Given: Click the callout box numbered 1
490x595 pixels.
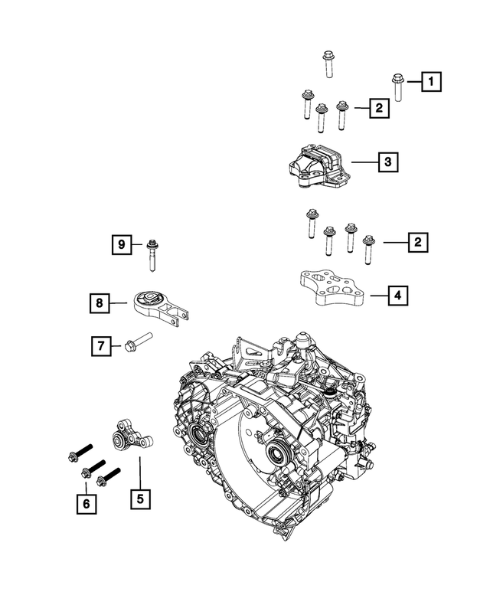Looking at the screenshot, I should click(x=431, y=80).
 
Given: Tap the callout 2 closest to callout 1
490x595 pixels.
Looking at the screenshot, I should click(x=377, y=109).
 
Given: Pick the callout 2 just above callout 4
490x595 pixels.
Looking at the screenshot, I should click(x=417, y=242).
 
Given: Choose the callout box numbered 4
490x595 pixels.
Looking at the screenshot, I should click(x=398, y=294).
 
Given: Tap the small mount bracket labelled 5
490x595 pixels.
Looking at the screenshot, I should click(x=126, y=437).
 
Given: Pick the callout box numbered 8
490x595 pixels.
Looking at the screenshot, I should click(x=99, y=304).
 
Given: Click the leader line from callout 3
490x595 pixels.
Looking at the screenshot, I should click(x=363, y=162).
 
